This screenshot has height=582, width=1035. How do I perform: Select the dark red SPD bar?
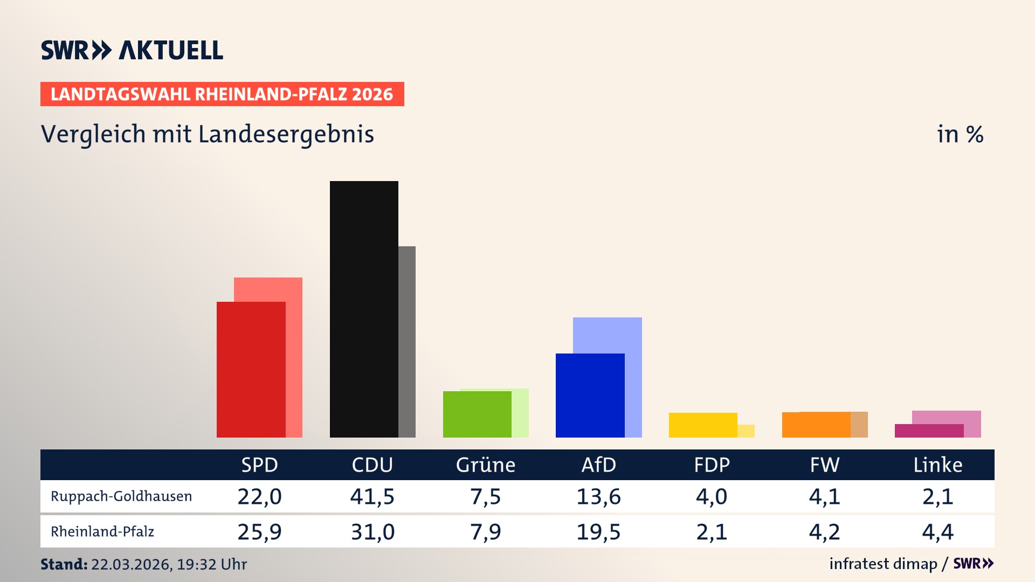coord(251,370)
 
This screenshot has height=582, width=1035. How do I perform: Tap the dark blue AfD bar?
coord(590,395)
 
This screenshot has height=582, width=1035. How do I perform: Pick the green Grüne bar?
coord(477,414)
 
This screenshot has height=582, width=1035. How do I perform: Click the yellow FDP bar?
coord(702,425)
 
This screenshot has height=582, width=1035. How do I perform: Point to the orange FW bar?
coord(816,425)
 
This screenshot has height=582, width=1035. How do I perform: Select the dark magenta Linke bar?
coord(928,431)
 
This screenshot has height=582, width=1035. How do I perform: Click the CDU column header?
coord(372,465)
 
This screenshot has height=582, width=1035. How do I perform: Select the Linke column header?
coord(937,465)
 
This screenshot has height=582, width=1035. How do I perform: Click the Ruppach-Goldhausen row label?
coord(121,496)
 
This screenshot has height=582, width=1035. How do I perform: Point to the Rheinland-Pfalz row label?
coord(102,532)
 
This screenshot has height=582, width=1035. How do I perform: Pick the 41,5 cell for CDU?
coord(372,496)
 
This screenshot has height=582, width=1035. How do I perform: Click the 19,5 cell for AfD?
coord(598,532)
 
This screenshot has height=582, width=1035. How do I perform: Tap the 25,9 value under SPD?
coord(259,532)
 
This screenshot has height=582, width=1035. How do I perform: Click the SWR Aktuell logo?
coord(132,50)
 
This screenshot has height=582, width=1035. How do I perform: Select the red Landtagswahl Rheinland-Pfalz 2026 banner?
coord(222,94)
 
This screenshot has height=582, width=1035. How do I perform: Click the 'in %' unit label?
coord(960,134)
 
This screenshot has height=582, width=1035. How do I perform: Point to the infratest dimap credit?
coord(883,564)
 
